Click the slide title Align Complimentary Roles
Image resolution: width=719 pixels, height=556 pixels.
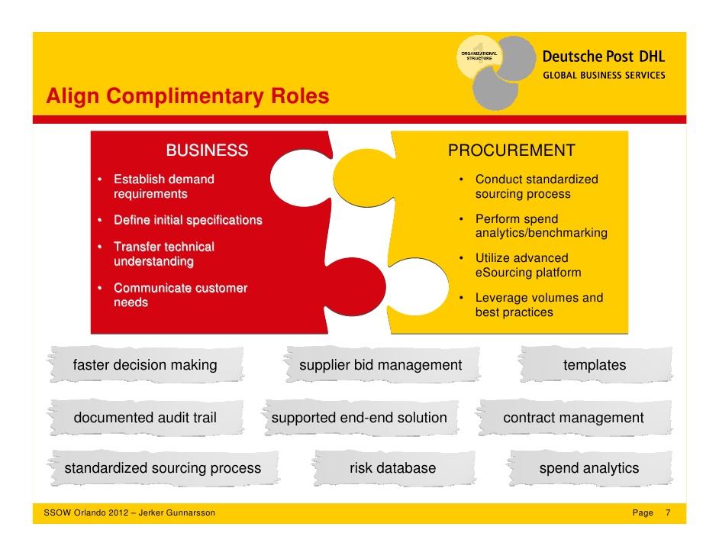188,96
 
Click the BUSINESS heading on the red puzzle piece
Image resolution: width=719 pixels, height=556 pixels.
208,150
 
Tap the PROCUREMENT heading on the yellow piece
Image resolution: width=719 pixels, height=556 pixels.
511,150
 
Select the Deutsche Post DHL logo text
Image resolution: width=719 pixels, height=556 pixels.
604,57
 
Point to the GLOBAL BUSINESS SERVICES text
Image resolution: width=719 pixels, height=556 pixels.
604,76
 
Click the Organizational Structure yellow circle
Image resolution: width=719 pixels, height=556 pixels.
479,57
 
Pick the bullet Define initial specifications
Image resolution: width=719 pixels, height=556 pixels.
188,220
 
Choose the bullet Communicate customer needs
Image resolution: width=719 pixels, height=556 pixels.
181,295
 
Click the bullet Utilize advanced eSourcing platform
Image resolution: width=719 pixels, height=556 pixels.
528,265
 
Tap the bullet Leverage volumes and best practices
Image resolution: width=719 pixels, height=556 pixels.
539,305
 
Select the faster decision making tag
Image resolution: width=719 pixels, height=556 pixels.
145,365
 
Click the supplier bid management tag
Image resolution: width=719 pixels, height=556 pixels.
381,365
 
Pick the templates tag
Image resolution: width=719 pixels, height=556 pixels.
595,365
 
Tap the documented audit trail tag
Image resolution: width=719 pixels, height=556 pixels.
145,418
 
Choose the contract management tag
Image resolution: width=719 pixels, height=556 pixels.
574,418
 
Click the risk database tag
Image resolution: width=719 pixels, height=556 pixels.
393,468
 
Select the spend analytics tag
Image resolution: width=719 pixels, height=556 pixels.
589,468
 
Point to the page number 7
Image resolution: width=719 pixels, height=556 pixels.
668,513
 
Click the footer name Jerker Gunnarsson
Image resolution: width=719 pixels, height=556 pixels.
176,513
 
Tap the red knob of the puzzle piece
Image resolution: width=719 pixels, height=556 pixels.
356,286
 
